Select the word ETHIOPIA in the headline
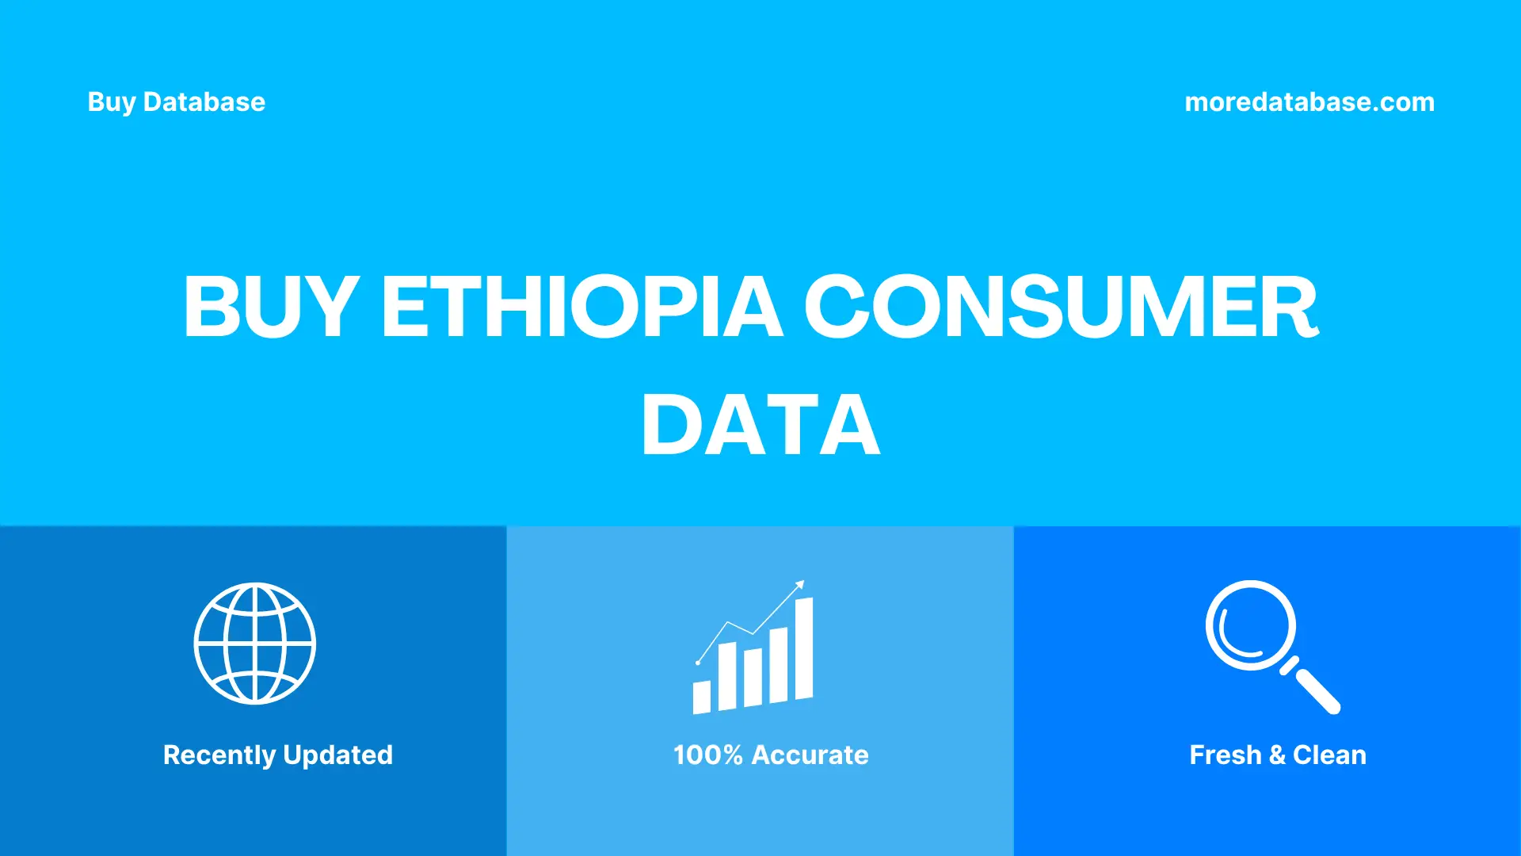(582, 307)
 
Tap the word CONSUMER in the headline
(1062, 307)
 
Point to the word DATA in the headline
(760, 426)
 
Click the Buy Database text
(176, 102)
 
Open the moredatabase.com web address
(1309, 102)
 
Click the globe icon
(255, 644)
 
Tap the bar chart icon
(753, 658)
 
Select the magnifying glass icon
(1252, 626)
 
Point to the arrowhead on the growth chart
(800, 585)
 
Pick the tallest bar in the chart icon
(803, 650)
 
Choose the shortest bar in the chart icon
(702, 697)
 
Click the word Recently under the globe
(219, 755)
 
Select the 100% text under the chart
(707, 755)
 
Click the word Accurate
(810, 755)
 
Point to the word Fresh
(1225, 755)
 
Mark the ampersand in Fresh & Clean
(1277, 755)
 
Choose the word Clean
(1329, 755)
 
